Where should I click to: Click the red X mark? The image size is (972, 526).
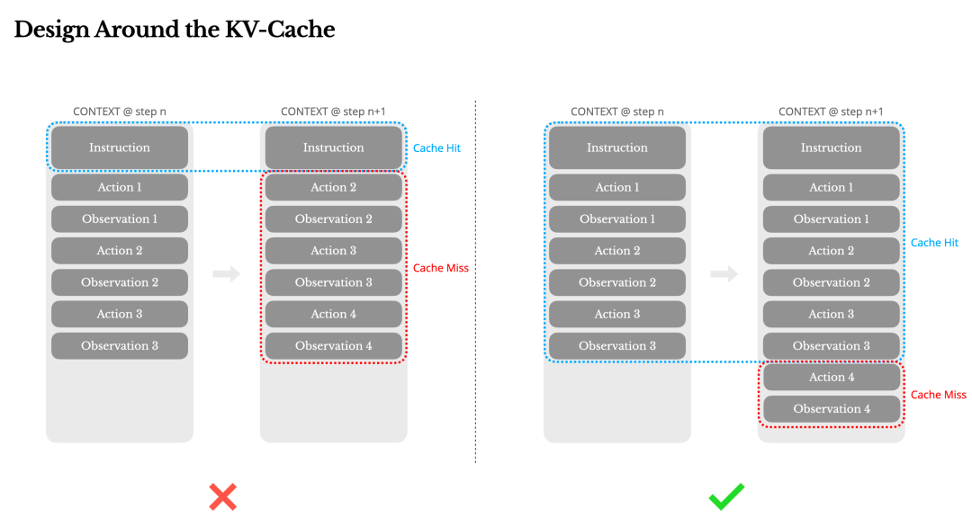click(x=222, y=497)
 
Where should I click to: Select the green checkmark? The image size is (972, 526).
click(x=726, y=496)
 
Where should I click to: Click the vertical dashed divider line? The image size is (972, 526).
click(x=475, y=282)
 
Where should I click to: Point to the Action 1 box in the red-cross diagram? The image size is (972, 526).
click(x=120, y=187)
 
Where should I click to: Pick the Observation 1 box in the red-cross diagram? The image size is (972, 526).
click(x=120, y=218)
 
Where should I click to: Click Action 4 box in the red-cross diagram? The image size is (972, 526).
click(x=334, y=314)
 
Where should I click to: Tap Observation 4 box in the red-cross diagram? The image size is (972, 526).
click(x=334, y=345)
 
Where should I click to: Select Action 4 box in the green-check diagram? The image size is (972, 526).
click(x=832, y=377)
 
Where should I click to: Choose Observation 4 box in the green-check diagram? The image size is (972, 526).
click(x=832, y=409)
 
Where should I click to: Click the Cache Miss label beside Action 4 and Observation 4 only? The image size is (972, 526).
click(x=938, y=395)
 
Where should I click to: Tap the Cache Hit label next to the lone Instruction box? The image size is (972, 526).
click(x=436, y=148)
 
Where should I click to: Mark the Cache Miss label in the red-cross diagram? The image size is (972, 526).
click(x=441, y=268)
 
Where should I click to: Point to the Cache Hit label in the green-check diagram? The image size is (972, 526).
click(x=934, y=243)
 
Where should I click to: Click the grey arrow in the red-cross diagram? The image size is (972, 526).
click(x=226, y=273)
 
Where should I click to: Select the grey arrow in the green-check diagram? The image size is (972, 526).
click(x=724, y=273)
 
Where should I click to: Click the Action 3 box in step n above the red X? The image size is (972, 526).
click(x=120, y=314)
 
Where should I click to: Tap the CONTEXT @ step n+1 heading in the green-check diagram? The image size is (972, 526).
click(x=831, y=111)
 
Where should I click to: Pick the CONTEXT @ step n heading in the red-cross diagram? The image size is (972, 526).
click(x=120, y=111)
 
